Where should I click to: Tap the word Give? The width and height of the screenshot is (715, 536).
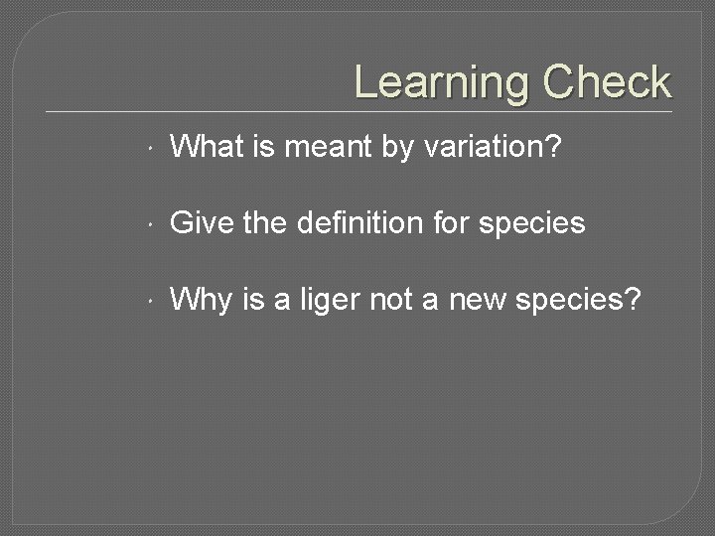(203, 223)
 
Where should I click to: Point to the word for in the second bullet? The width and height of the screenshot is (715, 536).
(451, 223)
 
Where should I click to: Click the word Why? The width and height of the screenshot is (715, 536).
(202, 299)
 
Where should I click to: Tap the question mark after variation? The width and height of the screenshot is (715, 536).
(553, 148)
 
